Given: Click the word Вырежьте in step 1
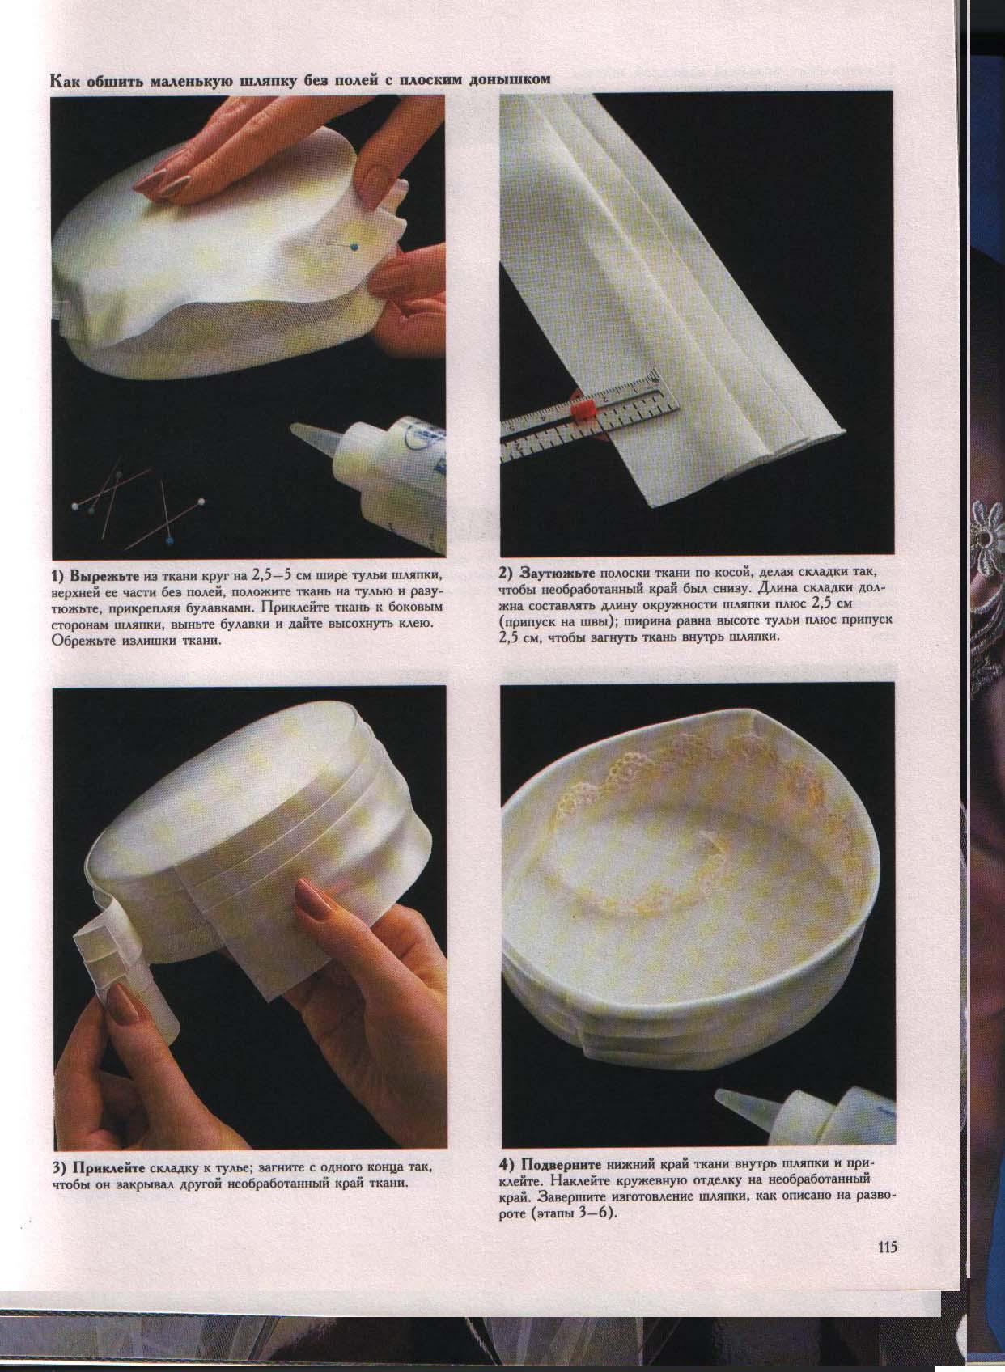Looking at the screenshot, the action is pyautogui.click(x=105, y=576).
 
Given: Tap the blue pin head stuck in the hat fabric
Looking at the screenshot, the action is pyautogui.click(x=354, y=246).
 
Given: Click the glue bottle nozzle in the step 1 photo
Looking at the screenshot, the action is pyautogui.click(x=313, y=438).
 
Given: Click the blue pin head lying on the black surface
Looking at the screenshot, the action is pyautogui.click(x=168, y=541).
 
